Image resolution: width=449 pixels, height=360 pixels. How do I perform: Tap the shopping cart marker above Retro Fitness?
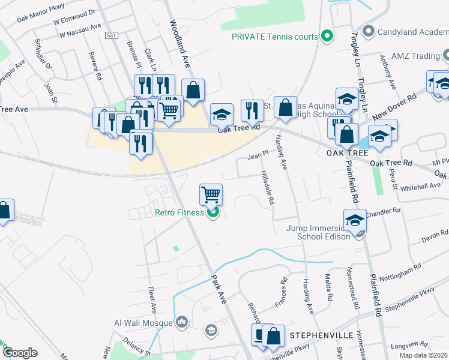211,194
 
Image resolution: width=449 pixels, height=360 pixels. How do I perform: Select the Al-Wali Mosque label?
143,323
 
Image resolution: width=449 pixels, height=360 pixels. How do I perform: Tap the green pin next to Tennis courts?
327,37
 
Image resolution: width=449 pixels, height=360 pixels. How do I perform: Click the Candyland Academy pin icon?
369,30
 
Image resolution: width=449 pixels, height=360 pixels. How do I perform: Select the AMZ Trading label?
415,56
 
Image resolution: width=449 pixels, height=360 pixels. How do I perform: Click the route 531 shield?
110,36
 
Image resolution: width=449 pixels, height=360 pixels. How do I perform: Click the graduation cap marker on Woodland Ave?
221,113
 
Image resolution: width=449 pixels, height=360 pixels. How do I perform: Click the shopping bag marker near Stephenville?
273,337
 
